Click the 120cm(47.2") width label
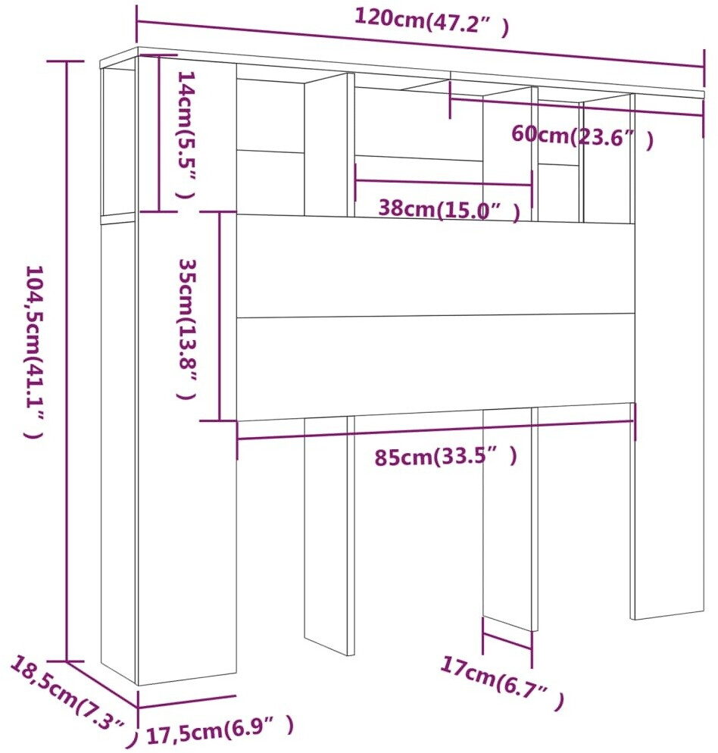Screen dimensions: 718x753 [432, 22]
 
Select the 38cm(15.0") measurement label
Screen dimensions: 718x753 [449, 208]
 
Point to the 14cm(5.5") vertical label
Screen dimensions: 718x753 [183, 134]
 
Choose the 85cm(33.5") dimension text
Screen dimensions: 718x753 [447, 457]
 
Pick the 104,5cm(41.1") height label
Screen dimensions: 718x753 [35, 352]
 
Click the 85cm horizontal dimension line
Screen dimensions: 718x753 [435, 431]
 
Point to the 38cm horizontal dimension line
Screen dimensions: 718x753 [444, 182]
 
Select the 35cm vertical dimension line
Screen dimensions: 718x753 [220, 316]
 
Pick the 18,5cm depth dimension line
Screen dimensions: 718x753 [103, 685]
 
